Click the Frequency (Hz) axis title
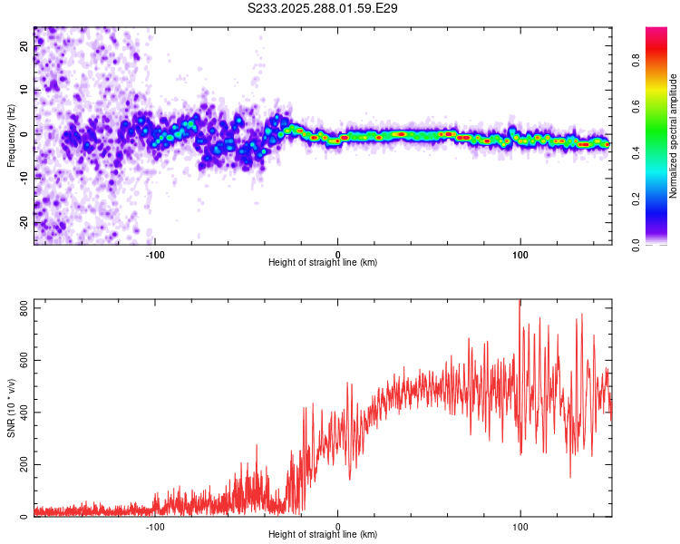[11, 135]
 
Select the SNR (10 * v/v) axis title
[11, 408]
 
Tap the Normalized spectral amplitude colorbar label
[674, 136]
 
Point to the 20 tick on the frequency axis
[24, 47]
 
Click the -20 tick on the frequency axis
[23, 223]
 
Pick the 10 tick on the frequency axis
[24, 91]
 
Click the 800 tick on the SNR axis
[21, 309]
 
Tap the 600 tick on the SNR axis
[21, 361]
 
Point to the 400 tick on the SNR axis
[21, 413]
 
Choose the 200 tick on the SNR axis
[21, 464]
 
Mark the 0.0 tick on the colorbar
[637, 243]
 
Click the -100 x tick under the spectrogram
[155, 254]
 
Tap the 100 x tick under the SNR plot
[520, 526]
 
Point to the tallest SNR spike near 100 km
[520, 303]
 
